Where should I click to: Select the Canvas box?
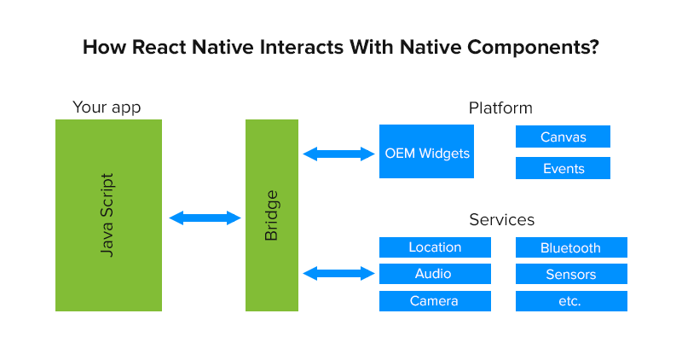pos(563,137)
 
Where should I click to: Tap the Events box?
pos(563,168)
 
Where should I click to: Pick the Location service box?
pos(435,247)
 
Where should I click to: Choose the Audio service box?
pos(435,274)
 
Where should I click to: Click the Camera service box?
pos(435,300)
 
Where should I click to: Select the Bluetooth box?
pos(571,247)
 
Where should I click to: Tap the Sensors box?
pos(571,274)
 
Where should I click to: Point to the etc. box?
pos(571,300)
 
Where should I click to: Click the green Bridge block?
pos(272,215)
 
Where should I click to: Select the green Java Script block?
pos(108,215)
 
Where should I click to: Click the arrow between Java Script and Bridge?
pos(205,218)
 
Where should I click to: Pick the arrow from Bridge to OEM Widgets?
pos(338,154)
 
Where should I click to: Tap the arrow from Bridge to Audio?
pos(338,274)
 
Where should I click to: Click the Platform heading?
pos(500,108)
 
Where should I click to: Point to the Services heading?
pos(501,220)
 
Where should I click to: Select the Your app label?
pos(107,107)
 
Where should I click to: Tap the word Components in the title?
pos(522,47)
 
